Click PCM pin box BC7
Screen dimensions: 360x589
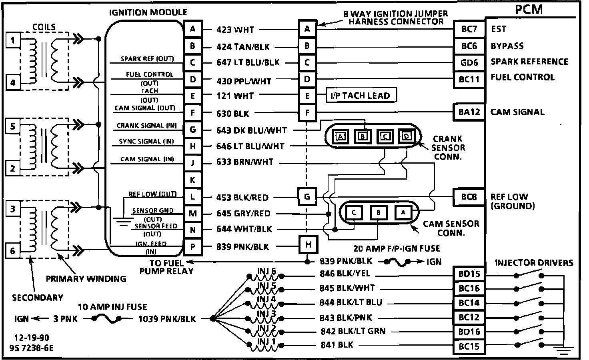point(469,29)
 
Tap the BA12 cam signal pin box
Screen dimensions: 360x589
point(469,112)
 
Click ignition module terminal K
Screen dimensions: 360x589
point(193,180)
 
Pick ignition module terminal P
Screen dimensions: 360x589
point(193,247)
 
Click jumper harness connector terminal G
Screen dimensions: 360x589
point(307,197)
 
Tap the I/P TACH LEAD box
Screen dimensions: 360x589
point(360,96)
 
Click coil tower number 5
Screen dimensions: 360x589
point(13,126)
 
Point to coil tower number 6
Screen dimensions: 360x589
point(13,251)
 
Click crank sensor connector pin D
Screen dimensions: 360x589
point(407,136)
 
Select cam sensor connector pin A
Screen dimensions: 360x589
point(403,212)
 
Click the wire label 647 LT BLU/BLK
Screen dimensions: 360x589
point(248,63)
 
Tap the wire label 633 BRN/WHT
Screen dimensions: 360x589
point(244,162)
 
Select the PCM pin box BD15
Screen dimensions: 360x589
point(469,274)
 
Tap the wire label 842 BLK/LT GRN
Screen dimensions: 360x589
point(353,332)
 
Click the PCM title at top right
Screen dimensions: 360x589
point(529,9)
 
